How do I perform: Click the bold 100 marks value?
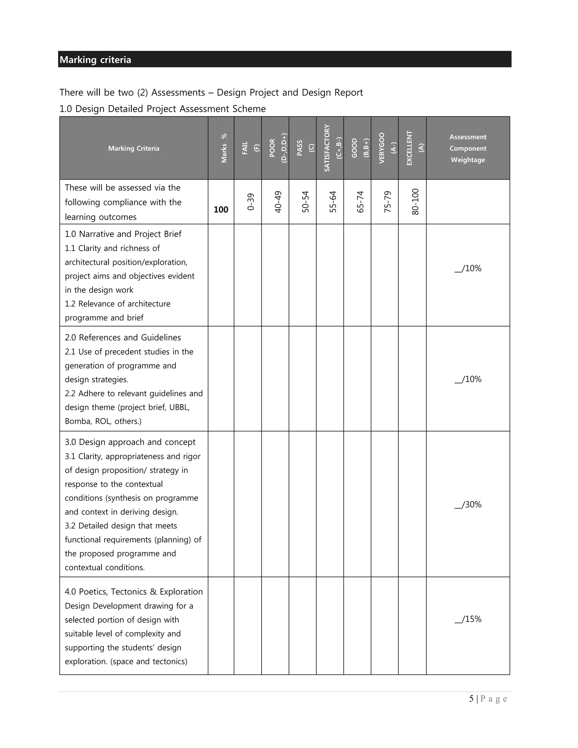tap(221, 210)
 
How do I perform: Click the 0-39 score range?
tap(251, 202)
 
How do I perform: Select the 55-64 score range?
tap(333, 202)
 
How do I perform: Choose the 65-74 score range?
tap(360, 202)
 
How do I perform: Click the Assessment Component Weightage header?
tap(468, 148)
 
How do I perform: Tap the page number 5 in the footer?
tap(471, 699)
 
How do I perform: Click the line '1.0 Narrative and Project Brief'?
tap(123, 234)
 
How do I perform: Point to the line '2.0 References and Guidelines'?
tap(123, 338)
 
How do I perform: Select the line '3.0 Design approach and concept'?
tap(130, 442)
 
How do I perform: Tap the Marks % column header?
tap(224, 148)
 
